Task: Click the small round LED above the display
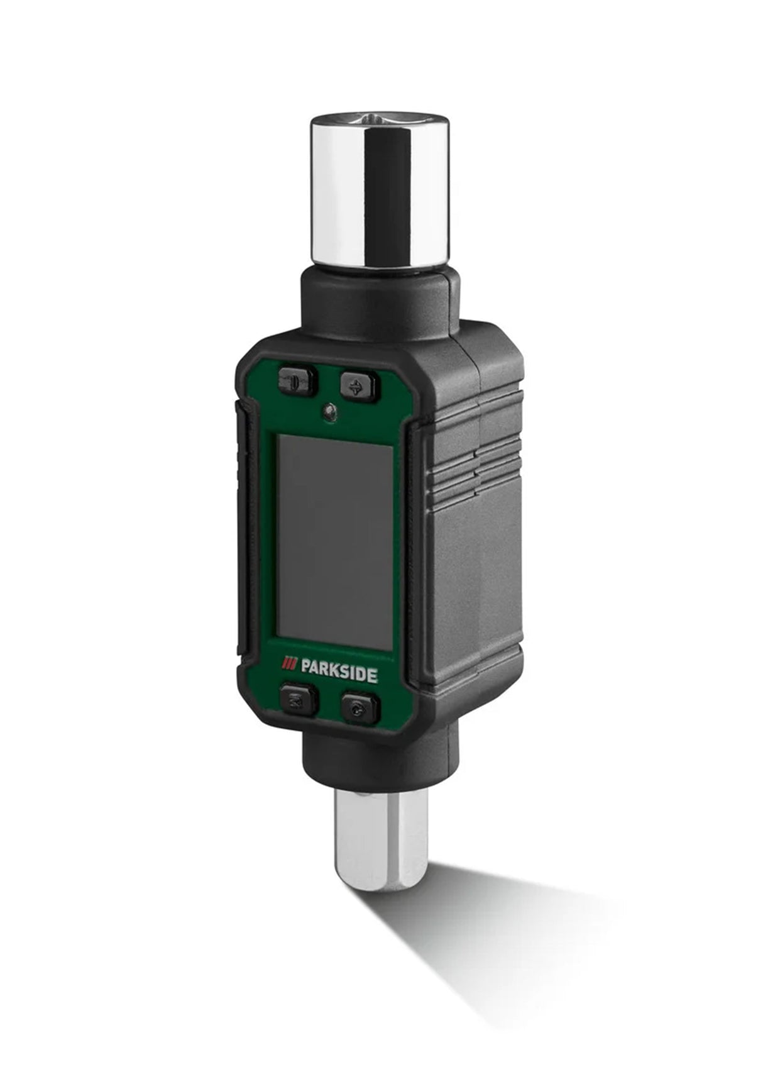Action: point(328,413)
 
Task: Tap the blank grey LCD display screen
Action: point(335,541)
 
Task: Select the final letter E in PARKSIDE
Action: point(373,677)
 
